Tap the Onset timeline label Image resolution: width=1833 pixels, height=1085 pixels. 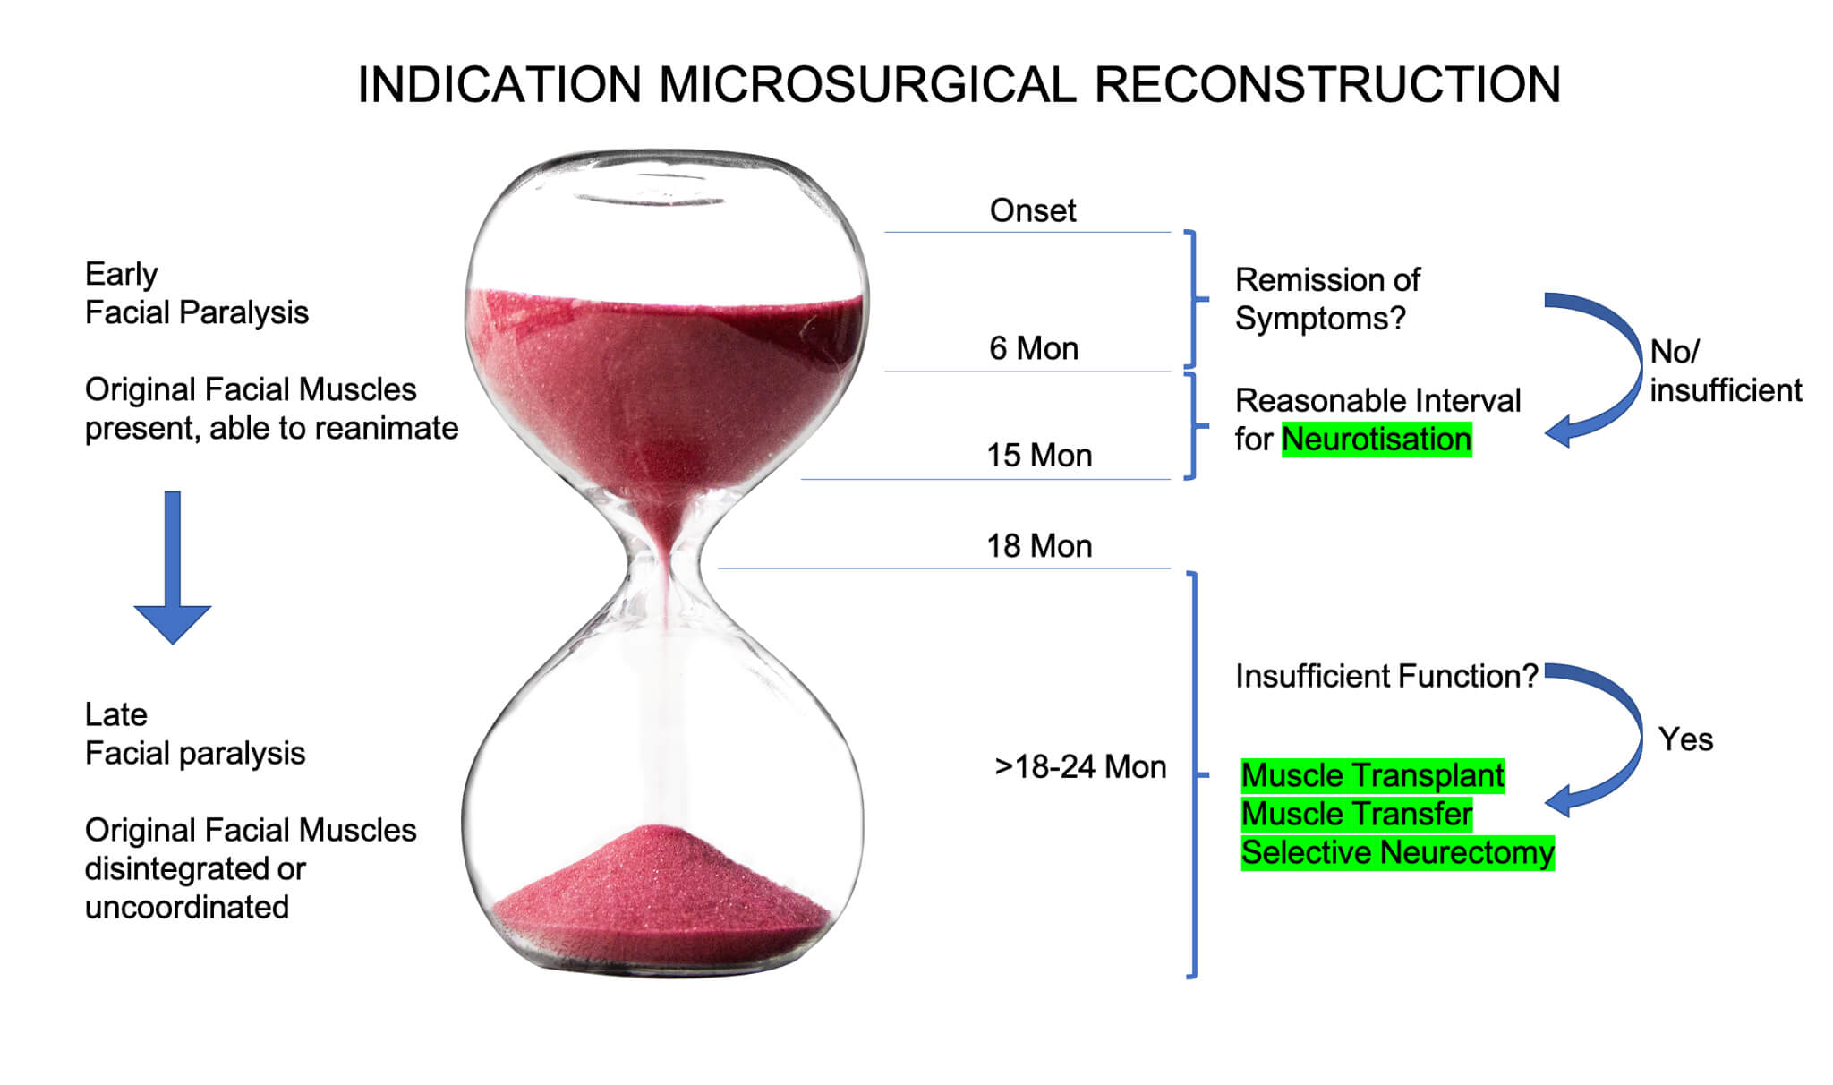(x=1032, y=210)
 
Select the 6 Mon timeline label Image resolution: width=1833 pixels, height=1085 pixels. (x=1033, y=348)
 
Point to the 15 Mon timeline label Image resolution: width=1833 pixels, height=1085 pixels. (x=1039, y=456)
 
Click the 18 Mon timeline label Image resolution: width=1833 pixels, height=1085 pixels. (x=1039, y=546)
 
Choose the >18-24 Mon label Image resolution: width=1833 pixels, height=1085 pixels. (x=1080, y=767)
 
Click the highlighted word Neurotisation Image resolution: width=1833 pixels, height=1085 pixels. (x=1377, y=440)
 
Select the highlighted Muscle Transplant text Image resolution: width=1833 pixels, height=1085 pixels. (x=1373, y=775)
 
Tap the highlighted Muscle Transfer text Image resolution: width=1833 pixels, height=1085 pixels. (x=1357, y=814)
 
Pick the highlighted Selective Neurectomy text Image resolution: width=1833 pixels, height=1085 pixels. (x=1398, y=852)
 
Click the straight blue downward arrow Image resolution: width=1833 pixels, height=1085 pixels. (x=173, y=568)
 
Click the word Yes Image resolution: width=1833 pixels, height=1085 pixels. (x=1685, y=739)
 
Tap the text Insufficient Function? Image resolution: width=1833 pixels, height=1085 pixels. (x=1386, y=676)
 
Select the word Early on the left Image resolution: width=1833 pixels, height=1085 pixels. (x=121, y=274)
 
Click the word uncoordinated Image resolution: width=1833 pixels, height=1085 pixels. (x=187, y=907)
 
